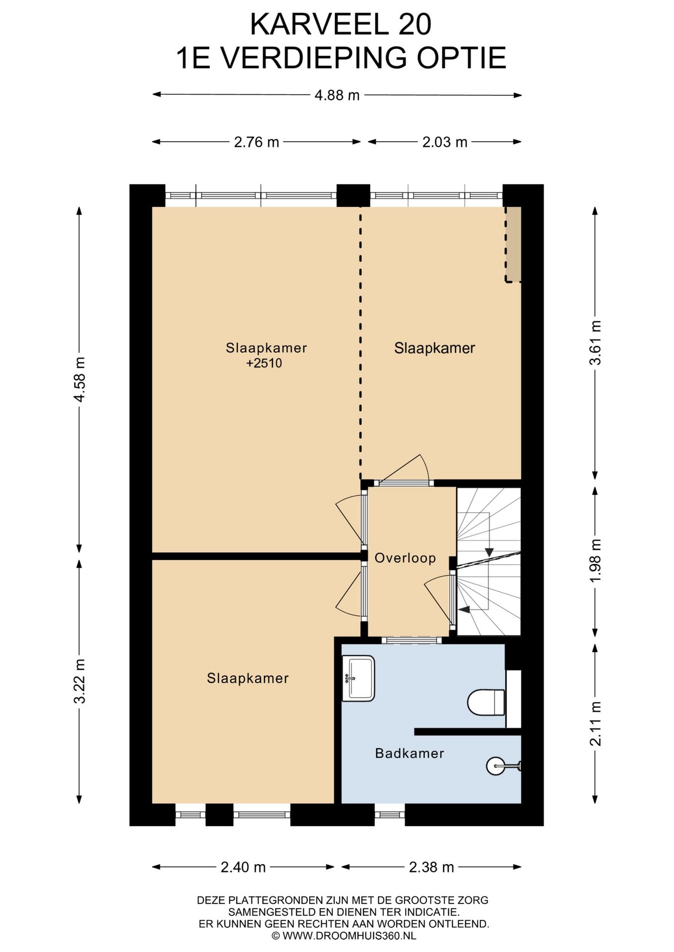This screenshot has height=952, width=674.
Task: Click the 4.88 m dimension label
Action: [337, 95]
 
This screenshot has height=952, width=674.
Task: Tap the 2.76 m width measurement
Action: [257, 142]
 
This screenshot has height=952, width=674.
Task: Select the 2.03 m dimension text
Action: [445, 142]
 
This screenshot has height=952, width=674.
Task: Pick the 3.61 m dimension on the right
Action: [595, 343]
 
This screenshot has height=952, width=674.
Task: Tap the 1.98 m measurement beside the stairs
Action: [595, 561]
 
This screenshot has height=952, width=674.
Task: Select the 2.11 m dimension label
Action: [595, 723]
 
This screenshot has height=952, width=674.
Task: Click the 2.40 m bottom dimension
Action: [243, 867]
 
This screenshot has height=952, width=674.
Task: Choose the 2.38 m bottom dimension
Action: [431, 867]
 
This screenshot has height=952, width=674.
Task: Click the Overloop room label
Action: [405, 558]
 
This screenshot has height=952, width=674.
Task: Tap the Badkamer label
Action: [409, 754]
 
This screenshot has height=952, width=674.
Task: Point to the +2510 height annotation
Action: [264, 363]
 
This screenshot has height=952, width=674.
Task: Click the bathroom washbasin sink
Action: [358, 678]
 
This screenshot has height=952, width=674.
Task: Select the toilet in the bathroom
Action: [486, 702]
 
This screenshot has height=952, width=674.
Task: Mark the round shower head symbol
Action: [496, 766]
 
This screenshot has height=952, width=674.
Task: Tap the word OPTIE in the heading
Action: [461, 58]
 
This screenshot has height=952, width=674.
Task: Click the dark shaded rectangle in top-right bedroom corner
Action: [513, 244]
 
